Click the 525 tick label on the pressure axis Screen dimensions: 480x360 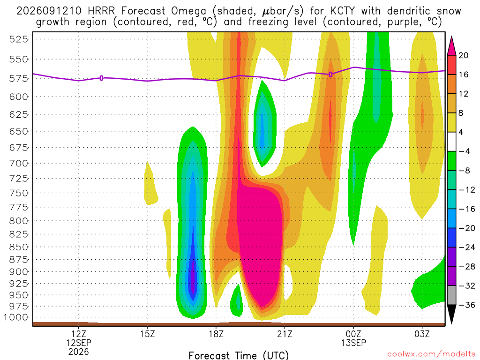(19, 39)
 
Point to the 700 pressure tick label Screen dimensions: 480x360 (19, 164)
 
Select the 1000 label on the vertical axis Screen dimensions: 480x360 (16, 317)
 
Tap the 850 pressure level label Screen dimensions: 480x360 (19, 247)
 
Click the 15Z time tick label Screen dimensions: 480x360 (148, 334)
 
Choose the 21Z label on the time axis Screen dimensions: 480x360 (285, 334)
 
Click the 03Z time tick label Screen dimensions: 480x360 (422, 334)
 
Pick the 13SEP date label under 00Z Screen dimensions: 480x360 (353, 343)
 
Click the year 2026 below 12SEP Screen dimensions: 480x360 (79, 352)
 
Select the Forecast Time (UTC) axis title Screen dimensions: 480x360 (239, 355)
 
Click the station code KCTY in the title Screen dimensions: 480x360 (342, 11)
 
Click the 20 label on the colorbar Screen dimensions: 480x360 (464, 55)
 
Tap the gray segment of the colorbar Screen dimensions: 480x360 (451, 295)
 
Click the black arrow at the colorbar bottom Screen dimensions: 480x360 (451, 314)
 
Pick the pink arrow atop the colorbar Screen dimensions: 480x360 (451, 46)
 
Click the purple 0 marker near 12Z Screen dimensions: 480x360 (101, 78)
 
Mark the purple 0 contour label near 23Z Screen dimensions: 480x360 (330, 75)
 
